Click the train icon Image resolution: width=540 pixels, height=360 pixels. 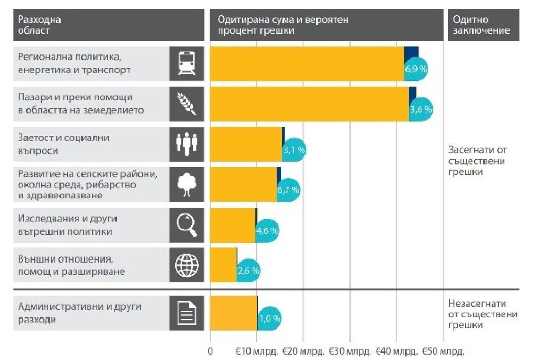click(x=187, y=63)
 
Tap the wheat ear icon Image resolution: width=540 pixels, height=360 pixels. click(x=187, y=104)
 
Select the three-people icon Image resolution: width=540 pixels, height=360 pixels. click(x=187, y=144)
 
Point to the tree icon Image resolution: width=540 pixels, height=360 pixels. click(x=187, y=184)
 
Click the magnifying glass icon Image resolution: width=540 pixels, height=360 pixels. click(x=187, y=225)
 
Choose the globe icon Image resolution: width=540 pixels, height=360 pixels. click(x=187, y=265)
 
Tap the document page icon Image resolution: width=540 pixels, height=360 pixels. click(x=187, y=313)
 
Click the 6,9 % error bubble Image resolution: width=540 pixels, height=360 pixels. click(x=416, y=69)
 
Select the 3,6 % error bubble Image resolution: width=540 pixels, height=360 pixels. click(x=421, y=109)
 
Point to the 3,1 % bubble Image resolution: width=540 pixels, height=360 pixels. click(x=294, y=150)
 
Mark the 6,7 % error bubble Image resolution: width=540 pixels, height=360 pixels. click(x=288, y=190)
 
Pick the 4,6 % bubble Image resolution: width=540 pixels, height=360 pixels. click(x=267, y=231)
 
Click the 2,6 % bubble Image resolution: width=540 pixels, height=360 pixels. click(x=248, y=271)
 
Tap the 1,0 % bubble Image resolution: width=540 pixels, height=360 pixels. click(x=269, y=318)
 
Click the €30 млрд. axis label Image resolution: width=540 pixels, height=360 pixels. click(x=350, y=352)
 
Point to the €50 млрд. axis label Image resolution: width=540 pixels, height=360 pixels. click(x=443, y=352)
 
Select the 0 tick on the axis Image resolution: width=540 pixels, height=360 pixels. click(x=210, y=352)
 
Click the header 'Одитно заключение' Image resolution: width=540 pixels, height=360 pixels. click(x=481, y=25)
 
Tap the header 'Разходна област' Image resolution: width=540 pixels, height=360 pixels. click(x=39, y=25)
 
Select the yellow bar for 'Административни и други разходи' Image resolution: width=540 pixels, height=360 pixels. click(x=233, y=313)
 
